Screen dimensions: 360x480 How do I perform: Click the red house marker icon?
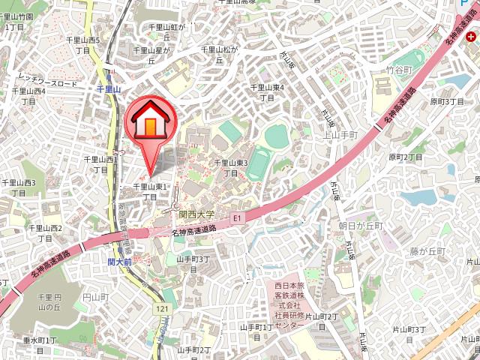[150, 121]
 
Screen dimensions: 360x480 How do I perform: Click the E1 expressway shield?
[238, 218]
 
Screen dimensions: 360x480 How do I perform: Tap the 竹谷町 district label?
[400, 70]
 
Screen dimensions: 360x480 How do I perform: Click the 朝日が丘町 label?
[360, 225]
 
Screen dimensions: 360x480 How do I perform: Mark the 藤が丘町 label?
[429, 250]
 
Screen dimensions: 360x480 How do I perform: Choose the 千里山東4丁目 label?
[267, 92]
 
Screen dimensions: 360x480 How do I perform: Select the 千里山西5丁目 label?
[87, 45]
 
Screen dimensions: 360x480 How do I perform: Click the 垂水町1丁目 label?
[39, 345]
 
